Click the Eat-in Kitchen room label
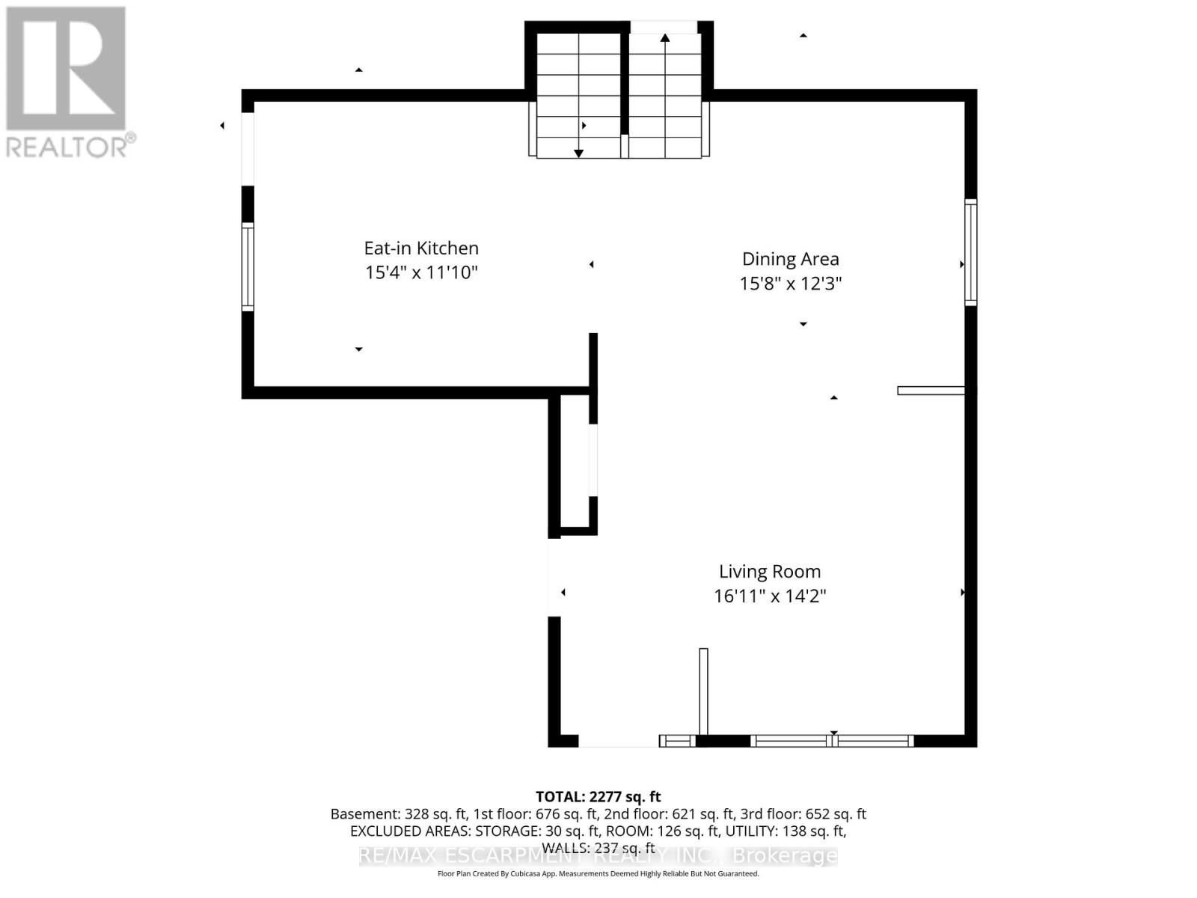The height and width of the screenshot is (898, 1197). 421,248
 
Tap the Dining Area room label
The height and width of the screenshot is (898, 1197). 790,259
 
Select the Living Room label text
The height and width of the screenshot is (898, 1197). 770,572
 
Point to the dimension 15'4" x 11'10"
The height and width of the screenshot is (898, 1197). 421,272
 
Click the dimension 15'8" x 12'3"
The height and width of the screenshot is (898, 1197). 791,284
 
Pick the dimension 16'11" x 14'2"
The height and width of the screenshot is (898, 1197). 770,596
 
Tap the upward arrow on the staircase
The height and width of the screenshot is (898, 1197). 664,37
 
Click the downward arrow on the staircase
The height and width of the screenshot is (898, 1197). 578,153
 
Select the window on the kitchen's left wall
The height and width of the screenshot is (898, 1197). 248,266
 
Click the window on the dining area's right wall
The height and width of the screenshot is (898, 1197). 970,252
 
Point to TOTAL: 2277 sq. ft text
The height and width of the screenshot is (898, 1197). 598,797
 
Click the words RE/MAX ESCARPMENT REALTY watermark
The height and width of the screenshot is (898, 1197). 539,855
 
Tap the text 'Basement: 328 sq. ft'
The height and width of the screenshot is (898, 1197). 398,814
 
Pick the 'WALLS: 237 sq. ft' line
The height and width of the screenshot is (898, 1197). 598,847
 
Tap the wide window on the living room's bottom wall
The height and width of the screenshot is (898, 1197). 832,741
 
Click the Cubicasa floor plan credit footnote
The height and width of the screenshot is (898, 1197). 598,874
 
